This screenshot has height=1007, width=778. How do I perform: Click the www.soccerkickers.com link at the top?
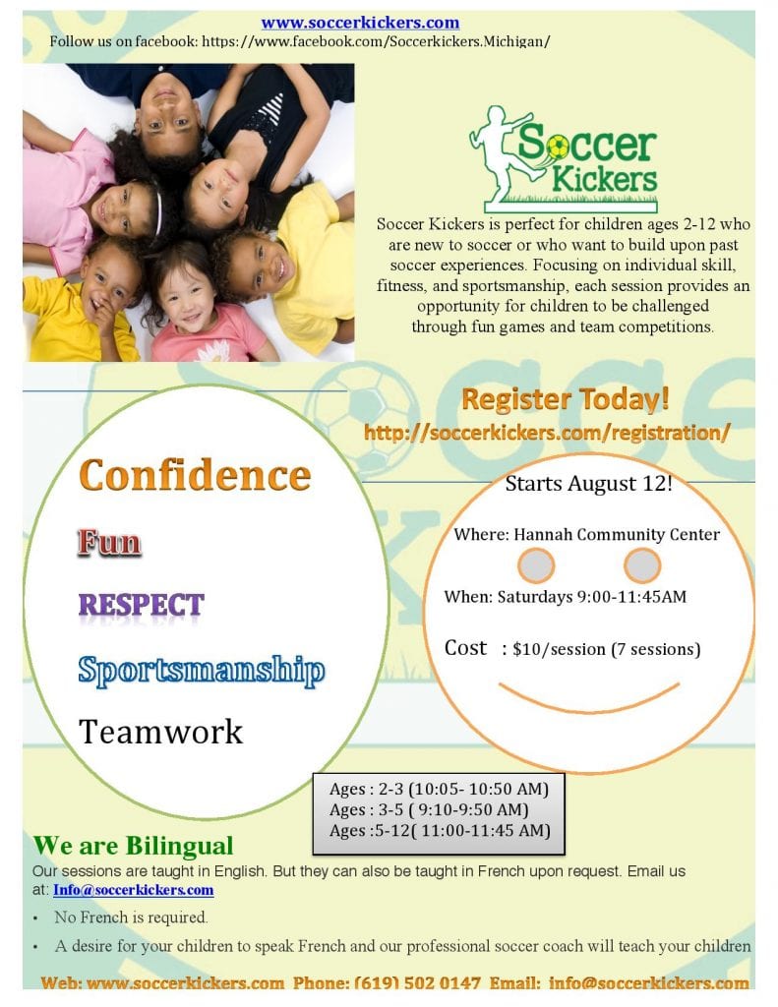coord(360,23)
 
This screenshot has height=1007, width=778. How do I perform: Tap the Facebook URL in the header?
coord(376,41)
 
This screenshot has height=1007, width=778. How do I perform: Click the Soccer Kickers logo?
coord(564,159)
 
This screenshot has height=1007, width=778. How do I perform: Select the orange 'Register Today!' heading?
coord(566,399)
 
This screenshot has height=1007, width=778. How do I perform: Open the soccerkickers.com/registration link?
coord(547,433)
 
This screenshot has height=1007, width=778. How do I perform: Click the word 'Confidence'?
coord(195,475)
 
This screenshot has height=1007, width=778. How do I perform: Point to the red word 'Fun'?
coord(109,542)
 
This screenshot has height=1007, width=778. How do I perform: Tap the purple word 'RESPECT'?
coord(142,605)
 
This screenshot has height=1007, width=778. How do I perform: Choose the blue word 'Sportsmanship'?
coord(202,671)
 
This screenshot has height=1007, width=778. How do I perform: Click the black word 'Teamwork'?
coord(160,732)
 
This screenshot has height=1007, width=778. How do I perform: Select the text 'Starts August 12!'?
coord(588,483)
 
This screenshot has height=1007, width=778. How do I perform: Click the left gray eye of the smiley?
coord(536,565)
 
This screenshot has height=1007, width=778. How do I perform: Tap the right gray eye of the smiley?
coord(642,565)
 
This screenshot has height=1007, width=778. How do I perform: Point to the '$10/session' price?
coord(559,649)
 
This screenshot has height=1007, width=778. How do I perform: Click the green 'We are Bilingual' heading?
coord(133,846)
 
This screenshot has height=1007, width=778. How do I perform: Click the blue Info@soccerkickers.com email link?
coord(133,890)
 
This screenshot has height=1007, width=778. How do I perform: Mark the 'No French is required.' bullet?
coord(131,918)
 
